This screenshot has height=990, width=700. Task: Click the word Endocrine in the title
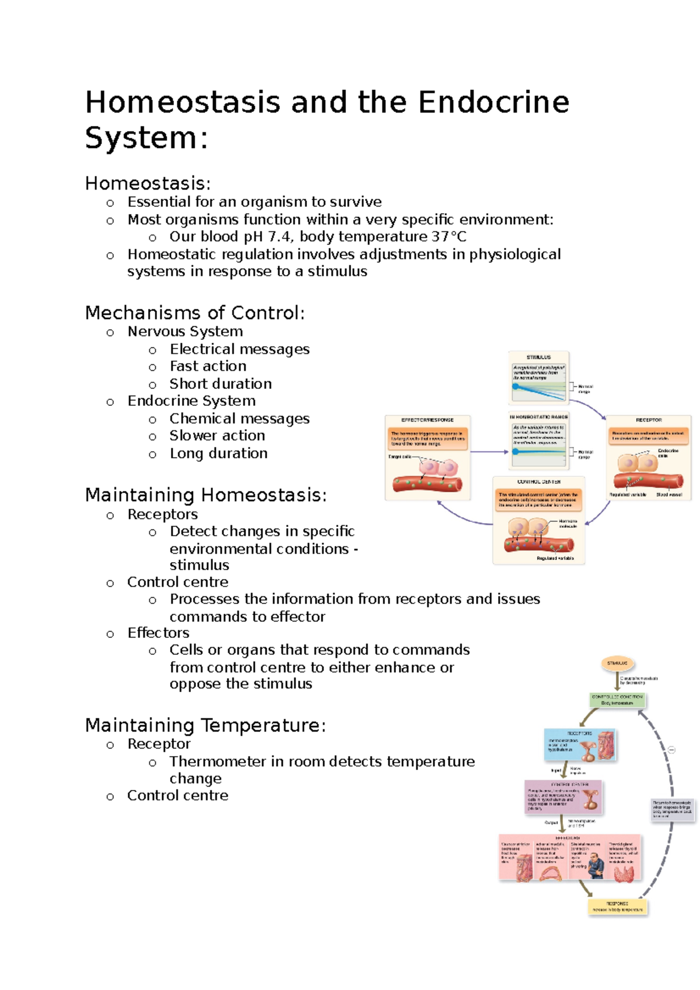click(494, 102)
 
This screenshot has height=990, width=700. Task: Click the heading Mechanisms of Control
click(194, 313)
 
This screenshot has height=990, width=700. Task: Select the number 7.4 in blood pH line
click(279, 237)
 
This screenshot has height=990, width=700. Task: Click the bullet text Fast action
click(208, 366)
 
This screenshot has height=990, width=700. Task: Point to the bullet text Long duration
click(218, 454)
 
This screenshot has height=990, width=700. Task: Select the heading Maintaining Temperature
click(205, 725)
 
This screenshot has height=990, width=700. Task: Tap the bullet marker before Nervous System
click(110, 333)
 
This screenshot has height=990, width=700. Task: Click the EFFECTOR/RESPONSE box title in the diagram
click(427, 420)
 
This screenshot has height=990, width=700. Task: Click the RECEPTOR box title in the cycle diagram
click(649, 420)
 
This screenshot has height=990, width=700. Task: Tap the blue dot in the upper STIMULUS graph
click(516, 387)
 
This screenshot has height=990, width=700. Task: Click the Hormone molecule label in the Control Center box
click(568, 524)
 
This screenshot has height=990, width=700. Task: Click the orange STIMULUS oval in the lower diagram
click(617, 663)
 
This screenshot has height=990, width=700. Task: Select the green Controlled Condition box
click(617, 700)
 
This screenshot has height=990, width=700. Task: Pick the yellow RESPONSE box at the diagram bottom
click(617, 907)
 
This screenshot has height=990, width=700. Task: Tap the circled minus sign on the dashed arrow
click(671, 750)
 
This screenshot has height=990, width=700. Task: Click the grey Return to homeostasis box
click(672, 809)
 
